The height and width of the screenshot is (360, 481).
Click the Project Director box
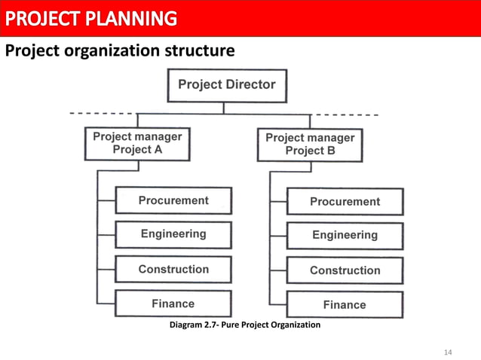[x=226, y=85]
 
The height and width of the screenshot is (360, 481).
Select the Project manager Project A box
[x=137, y=143]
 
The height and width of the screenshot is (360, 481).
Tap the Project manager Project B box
[x=310, y=144]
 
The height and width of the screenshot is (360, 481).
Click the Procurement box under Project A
[x=173, y=200]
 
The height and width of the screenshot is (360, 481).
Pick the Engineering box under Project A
[x=173, y=234]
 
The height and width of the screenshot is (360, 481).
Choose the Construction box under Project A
[x=173, y=269]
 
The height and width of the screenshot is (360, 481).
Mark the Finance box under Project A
[x=173, y=304]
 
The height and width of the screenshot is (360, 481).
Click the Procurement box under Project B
[x=345, y=201]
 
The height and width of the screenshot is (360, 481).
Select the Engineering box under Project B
[x=345, y=235]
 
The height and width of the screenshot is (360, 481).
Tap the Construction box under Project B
[x=345, y=270]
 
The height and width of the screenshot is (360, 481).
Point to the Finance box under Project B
[x=345, y=304]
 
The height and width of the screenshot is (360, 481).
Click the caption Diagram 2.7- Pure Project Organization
[x=245, y=325]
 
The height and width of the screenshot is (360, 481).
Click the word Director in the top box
[x=251, y=85]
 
